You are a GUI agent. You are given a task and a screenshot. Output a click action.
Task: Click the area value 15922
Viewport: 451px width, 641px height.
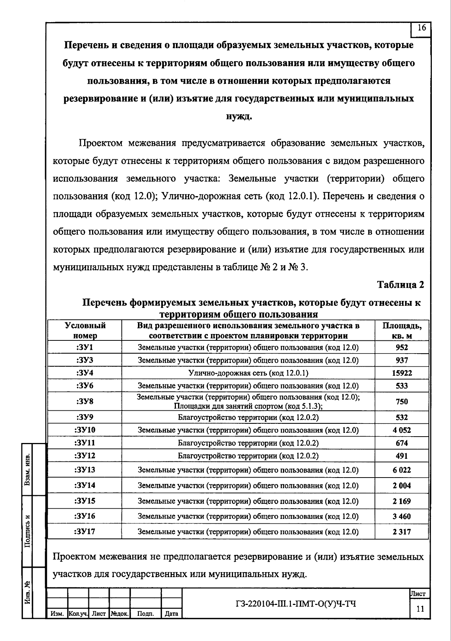click(x=402, y=373)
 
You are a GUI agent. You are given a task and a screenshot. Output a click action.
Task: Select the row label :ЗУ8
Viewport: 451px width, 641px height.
click(x=85, y=401)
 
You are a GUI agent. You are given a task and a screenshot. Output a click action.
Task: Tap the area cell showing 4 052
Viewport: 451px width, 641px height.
click(x=402, y=430)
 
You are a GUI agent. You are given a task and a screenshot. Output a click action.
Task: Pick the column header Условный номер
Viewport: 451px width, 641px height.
click(x=85, y=330)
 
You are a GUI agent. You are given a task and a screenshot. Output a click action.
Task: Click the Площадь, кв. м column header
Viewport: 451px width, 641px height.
click(x=402, y=330)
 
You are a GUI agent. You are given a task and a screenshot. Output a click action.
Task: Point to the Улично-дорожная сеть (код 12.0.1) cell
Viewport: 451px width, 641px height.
click(x=248, y=373)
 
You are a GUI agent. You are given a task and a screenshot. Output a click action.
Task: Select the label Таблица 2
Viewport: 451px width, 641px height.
click(x=401, y=285)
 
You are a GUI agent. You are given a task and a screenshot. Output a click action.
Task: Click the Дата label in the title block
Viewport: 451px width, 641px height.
click(x=171, y=614)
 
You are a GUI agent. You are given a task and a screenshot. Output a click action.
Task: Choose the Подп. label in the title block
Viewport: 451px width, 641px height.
click(x=145, y=614)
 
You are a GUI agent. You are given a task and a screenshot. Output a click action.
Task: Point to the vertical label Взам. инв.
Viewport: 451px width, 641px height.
click(x=27, y=470)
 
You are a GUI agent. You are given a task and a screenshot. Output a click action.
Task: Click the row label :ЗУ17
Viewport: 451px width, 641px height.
click(x=85, y=532)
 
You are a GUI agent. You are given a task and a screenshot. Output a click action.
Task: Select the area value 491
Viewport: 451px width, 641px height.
click(x=402, y=456)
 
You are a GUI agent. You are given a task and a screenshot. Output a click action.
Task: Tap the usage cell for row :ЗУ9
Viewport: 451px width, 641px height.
click(x=248, y=417)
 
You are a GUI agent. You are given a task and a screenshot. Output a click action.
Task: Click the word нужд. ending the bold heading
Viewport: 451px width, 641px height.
click(x=239, y=116)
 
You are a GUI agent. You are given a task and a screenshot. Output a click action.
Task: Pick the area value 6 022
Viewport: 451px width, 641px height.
click(x=402, y=470)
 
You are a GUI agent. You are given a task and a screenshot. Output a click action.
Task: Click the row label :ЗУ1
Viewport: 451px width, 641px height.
click(x=85, y=348)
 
